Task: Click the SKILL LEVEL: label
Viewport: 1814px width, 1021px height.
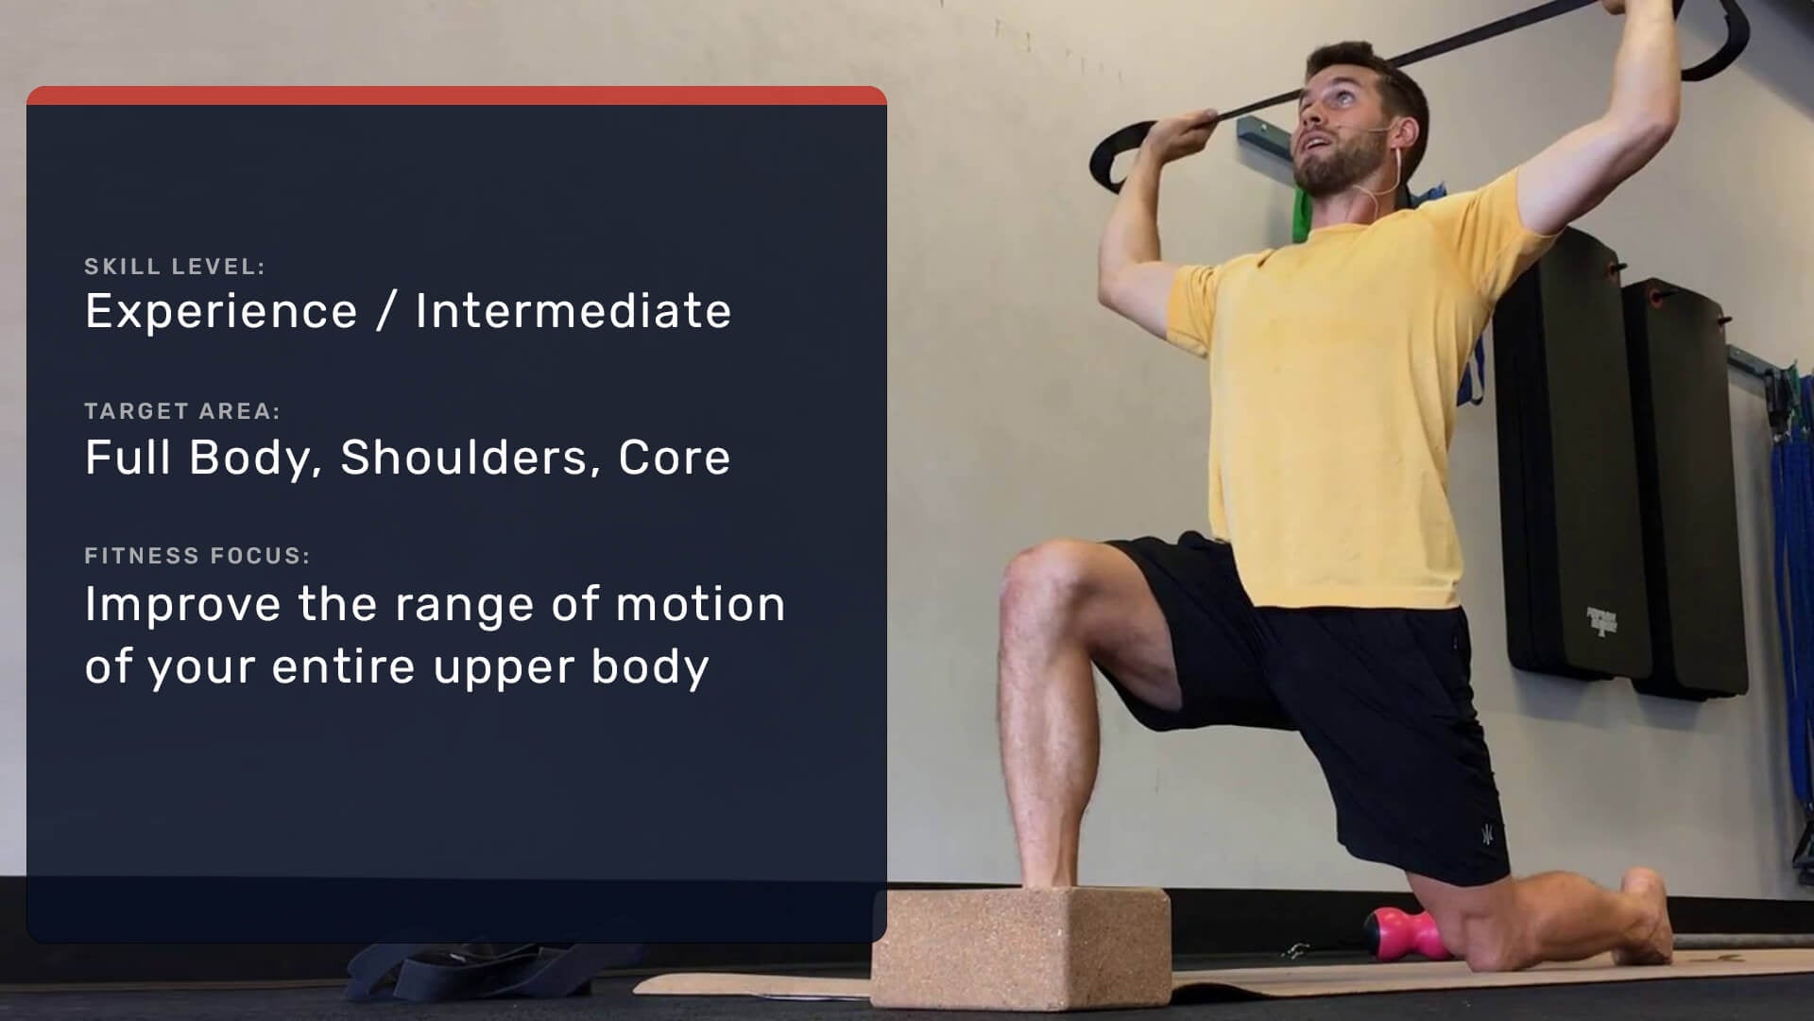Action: click(x=175, y=267)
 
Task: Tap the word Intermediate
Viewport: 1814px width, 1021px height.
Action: click(x=573, y=311)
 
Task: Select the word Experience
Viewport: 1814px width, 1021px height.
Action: click(x=221, y=312)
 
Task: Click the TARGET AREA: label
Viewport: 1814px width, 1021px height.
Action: click(x=182, y=411)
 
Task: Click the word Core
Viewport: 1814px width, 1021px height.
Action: click(x=674, y=458)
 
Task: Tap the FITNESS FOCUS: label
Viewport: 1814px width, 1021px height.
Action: click(x=197, y=556)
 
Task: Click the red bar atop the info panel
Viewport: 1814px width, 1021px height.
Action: click(x=456, y=95)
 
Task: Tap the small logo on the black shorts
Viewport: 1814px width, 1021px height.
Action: click(x=1486, y=836)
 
